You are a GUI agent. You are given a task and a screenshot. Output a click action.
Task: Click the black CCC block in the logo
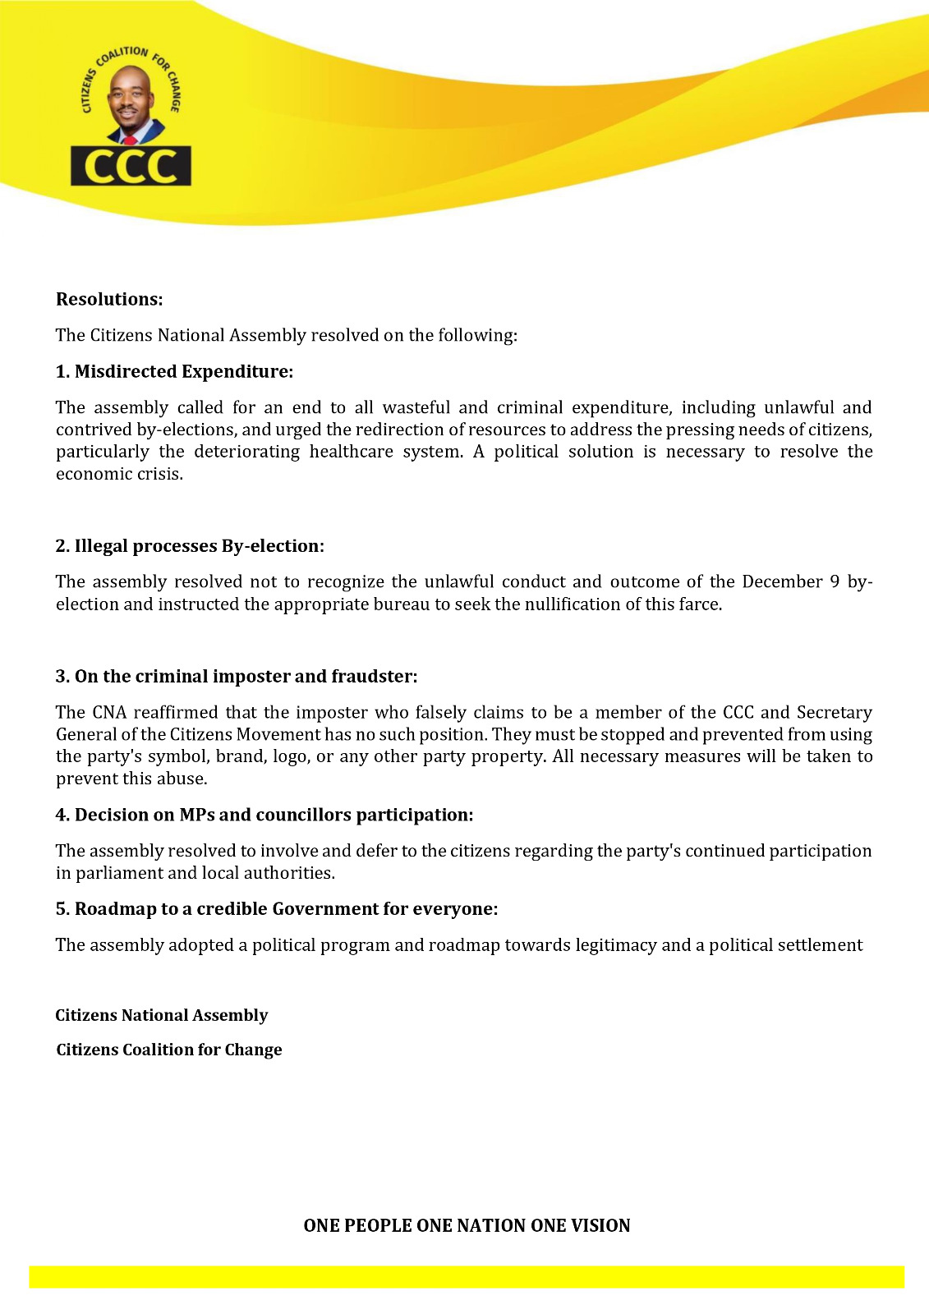point(131,166)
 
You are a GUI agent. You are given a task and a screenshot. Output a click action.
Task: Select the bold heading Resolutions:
point(109,300)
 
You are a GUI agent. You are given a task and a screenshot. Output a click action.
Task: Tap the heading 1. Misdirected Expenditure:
point(174,372)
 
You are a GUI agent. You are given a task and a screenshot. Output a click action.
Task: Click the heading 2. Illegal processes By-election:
point(190,546)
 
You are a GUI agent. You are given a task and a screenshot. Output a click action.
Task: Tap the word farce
point(700,604)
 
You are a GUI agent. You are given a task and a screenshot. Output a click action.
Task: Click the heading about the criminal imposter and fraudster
point(237,677)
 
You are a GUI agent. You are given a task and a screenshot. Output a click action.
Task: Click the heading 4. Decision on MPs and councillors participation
point(264,816)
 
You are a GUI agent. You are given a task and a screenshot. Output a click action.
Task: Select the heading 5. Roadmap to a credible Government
point(277,909)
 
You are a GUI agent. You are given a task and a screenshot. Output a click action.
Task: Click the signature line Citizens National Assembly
point(162,1016)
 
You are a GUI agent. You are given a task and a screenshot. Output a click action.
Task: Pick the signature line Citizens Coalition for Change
point(169,1050)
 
